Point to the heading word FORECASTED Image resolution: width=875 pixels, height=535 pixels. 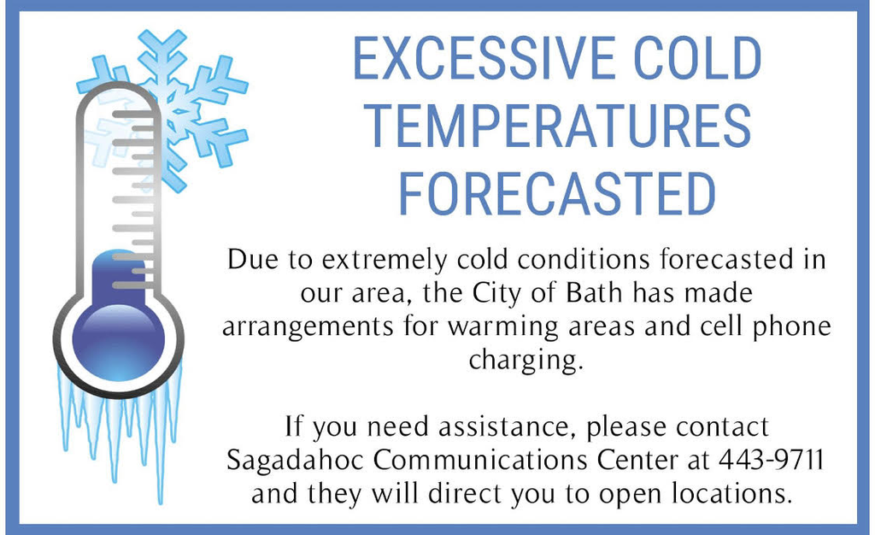pyautogui.click(x=557, y=193)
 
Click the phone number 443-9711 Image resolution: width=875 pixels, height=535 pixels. pyautogui.click(x=771, y=460)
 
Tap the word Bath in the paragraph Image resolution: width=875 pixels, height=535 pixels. pyautogui.click(x=594, y=293)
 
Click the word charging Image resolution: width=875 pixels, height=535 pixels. pyautogui.click(x=526, y=361)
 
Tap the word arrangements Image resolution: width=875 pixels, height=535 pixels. pyautogui.click(x=308, y=327)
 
